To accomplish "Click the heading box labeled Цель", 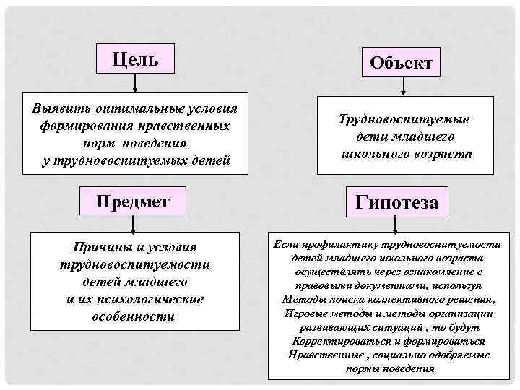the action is (x=136, y=58).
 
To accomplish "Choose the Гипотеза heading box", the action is (x=396, y=202).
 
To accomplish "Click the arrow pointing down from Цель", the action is (x=136, y=82).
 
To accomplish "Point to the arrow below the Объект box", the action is (x=402, y=87).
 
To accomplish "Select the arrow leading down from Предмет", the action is (x=135, y=222).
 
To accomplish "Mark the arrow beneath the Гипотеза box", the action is (x=398, y=225).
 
